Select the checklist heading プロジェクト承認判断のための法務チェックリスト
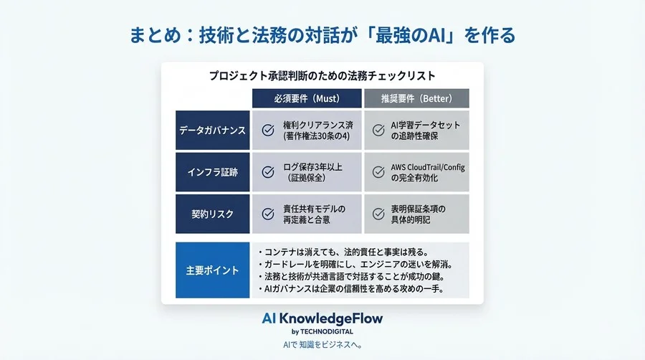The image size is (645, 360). coord(322,75)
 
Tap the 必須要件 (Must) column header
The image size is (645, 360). coord(306,98)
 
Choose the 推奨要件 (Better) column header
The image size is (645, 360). coord(416,98)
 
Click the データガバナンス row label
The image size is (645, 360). coord(212,131)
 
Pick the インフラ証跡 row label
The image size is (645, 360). coord(212,172)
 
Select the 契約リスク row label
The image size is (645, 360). coord(212,214)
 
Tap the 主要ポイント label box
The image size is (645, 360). coord(212,271)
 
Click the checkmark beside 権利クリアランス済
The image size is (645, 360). coord(268,131)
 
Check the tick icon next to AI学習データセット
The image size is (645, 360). coord(378,131)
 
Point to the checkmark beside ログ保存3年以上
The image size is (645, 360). coord(268,172)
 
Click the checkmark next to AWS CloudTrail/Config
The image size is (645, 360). coord(378,172)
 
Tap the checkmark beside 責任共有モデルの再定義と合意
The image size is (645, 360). coord(268,214)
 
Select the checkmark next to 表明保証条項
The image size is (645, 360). coord(378,214)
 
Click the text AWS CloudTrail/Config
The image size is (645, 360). coord(428,167)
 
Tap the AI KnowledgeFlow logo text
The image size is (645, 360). coord(322,318)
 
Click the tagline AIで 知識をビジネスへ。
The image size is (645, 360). coord(322,345)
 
